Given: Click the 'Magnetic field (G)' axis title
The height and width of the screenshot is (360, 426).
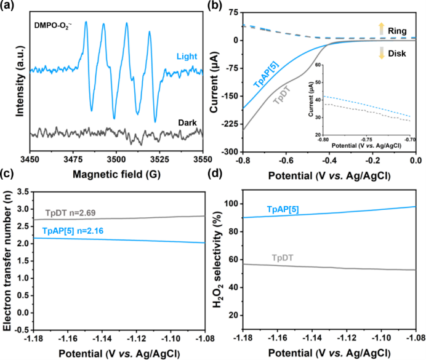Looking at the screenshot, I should point(116,174).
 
